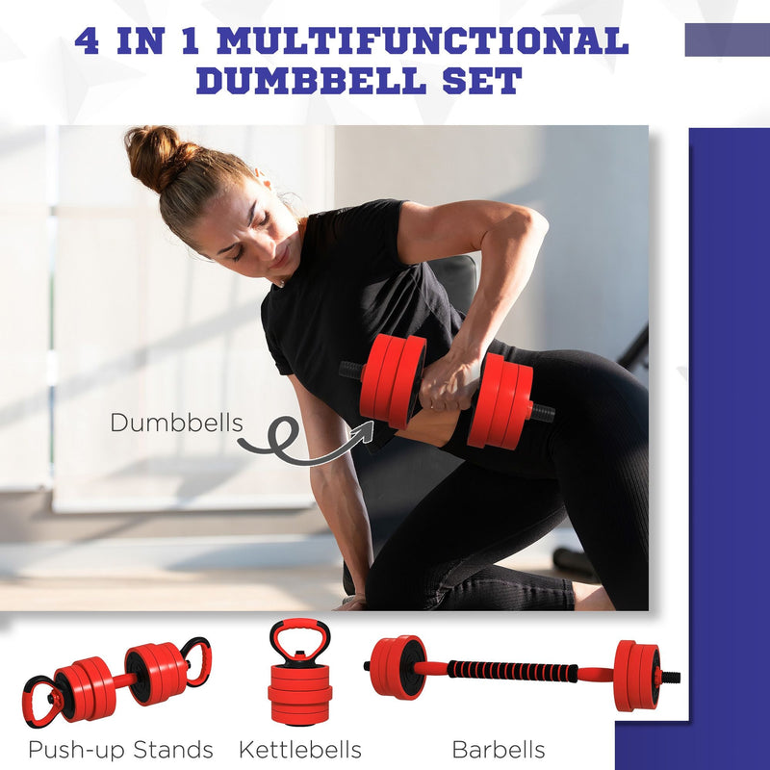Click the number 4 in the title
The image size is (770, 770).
pyautogui.click(x=87, y=41)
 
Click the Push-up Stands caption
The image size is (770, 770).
pyautogui.click(x=121, y=749)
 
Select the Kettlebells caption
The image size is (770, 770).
pyautogui.click(x=299, y=749)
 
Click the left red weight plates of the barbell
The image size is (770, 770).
pyautogui.click(x=397, y=666)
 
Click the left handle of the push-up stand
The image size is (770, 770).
pyautogui.click(x=44, y=700)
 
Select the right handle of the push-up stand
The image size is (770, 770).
pyautogui.click(x=195, y=660)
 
